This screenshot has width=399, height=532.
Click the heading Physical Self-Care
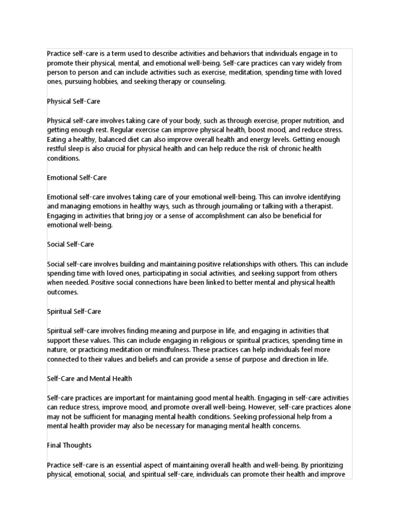[x=74, y=101]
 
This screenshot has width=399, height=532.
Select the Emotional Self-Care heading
[x=77, y=178]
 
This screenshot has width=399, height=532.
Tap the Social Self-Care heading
[x=71, y=244]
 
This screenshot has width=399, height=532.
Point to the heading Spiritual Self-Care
[x=74, y=312]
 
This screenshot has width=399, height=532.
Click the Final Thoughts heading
[x=69, y=446]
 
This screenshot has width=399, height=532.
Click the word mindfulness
[x=172, y=350]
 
